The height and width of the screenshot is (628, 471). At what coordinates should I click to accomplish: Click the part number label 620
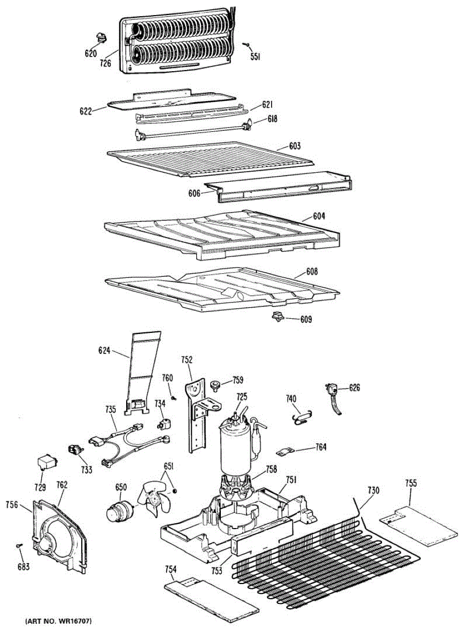(x=91, y=53)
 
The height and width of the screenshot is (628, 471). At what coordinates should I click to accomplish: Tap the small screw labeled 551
(x=246, y=45)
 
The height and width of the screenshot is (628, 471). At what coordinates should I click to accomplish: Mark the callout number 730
(x=373, y=490)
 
